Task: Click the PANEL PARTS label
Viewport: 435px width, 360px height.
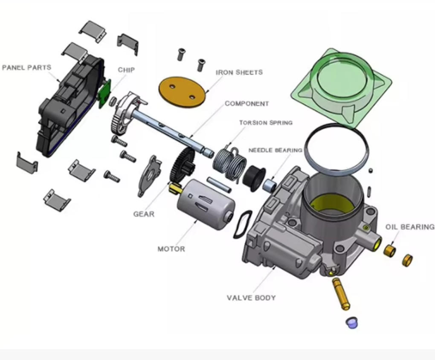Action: point(26,67)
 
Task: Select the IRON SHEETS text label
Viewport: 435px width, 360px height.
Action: point(239,73)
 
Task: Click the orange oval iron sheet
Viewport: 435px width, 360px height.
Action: point(182,92)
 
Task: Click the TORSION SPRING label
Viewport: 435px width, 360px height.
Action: point(266,123)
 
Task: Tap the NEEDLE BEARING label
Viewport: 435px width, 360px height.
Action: point(275,151)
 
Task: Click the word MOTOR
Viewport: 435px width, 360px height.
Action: point(171,249)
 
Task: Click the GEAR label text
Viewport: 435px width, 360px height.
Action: point(144,214)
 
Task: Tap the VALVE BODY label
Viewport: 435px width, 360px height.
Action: point(251,298)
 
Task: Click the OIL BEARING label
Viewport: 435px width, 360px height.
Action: point(410,227)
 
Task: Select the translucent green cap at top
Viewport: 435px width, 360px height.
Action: point(342,85)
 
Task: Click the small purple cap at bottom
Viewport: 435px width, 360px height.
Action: point(352,323)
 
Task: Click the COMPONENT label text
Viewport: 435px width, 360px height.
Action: point(246,104)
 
